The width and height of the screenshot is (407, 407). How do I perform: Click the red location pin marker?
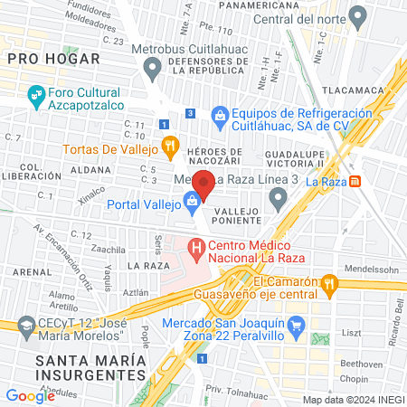coord(204,184)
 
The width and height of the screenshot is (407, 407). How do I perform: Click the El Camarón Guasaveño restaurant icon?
coord(331,285)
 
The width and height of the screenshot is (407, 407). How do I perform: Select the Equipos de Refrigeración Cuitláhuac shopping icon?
coord(220,115)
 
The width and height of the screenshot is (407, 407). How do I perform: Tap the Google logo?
coord(30,395)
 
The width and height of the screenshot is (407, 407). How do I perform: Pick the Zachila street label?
coord(108,248)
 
